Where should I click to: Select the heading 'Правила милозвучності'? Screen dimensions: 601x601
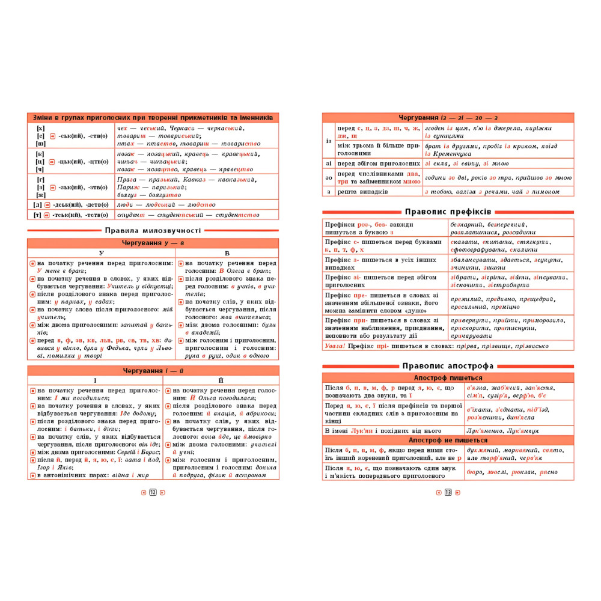pos(153,230)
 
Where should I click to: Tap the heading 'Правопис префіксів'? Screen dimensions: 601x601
pos(448,212)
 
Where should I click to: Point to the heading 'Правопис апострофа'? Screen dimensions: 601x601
pos(448,365)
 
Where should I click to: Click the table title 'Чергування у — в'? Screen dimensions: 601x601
pos(153,243)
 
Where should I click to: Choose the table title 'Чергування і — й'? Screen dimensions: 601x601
pos(153,370)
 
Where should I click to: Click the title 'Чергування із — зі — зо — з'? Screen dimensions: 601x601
pos(448,117)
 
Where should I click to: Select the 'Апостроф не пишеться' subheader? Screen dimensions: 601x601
pos(448,440)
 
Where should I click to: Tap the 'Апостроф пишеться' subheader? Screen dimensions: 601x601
pos(448,377)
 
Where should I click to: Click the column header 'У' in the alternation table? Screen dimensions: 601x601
pos(101,253)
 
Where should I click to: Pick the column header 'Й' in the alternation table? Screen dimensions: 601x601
pos(222,380)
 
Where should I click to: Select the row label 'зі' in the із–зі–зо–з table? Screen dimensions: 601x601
pos(328,163)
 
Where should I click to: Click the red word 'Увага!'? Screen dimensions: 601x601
pos(337,346)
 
